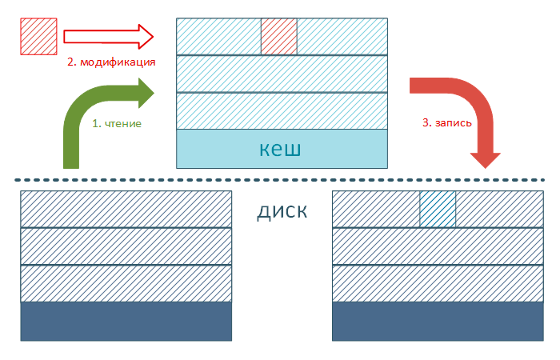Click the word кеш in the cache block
tap(281, 148)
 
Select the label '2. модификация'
tap(110, 62)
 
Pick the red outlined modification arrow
tap(108, 36)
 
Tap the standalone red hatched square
tap(38, 36)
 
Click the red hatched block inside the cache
tap(279, 37)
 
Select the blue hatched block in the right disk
tap(438, 209)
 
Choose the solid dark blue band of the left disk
tap(126, 321)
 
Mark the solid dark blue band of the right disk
tap(438, 321)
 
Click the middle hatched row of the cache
tap(282, 74)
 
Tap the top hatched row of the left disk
tap(126, 209)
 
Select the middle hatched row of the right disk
tap(438, 246)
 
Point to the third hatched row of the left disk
tap(126, 283)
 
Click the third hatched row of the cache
tap(282, 111)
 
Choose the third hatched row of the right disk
tap(438, 283)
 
